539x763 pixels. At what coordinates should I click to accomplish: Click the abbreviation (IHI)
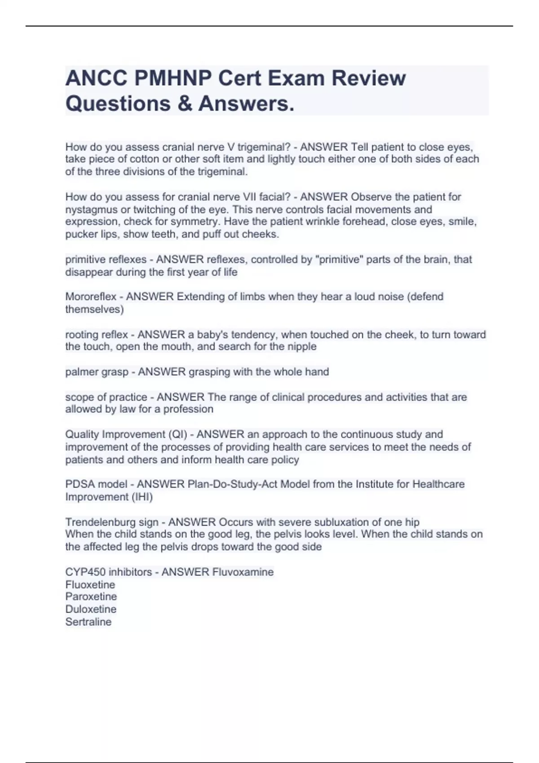click(x=142, y=497)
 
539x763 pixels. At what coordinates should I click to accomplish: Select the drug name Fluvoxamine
click(x=243, y=572)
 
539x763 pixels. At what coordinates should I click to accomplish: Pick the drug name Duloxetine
click(x=91, y=609)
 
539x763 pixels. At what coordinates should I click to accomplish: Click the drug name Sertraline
click(x=88, y=622)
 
